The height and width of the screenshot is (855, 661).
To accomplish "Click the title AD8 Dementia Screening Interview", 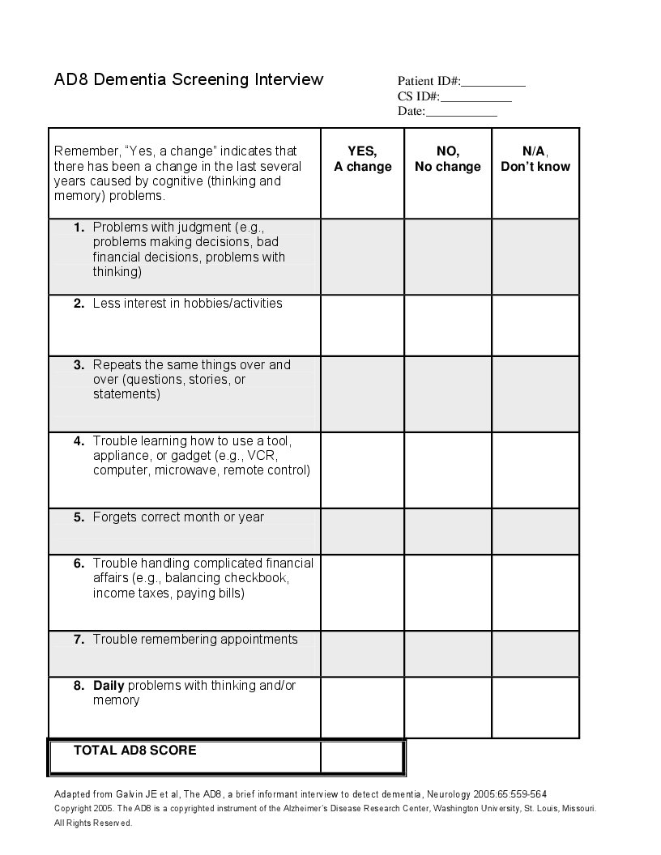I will click(x=189, y=79).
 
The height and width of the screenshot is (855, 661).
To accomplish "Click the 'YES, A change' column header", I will click(x=362, y=159).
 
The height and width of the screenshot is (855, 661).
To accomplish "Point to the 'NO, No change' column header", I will click(x=448, y=159).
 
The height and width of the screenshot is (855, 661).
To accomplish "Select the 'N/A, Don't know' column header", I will click(x=535, y=159).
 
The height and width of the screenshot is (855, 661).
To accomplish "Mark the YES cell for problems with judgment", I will click(x=362, y=257).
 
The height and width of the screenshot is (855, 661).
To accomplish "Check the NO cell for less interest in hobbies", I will click(x=448, y=325).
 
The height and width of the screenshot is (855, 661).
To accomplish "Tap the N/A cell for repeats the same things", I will click(x=535, y=394).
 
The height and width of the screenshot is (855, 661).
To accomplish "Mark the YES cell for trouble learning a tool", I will click(x=362, y=470).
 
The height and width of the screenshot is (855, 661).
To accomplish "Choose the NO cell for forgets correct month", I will click(x=448, y=531).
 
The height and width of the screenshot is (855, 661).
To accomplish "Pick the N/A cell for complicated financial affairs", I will click(x=535, y=593).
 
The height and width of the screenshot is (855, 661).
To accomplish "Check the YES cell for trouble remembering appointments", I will click(x=362, y=654).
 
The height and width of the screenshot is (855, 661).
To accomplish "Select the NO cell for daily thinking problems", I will click(x=448, y=708).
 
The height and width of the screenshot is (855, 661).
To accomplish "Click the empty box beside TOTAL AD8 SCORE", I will click(x=362, y=757).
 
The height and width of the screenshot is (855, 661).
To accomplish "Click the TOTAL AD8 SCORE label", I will click(x=135, y=751).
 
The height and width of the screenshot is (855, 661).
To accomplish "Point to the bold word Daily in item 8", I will click(x=109, y=686).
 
